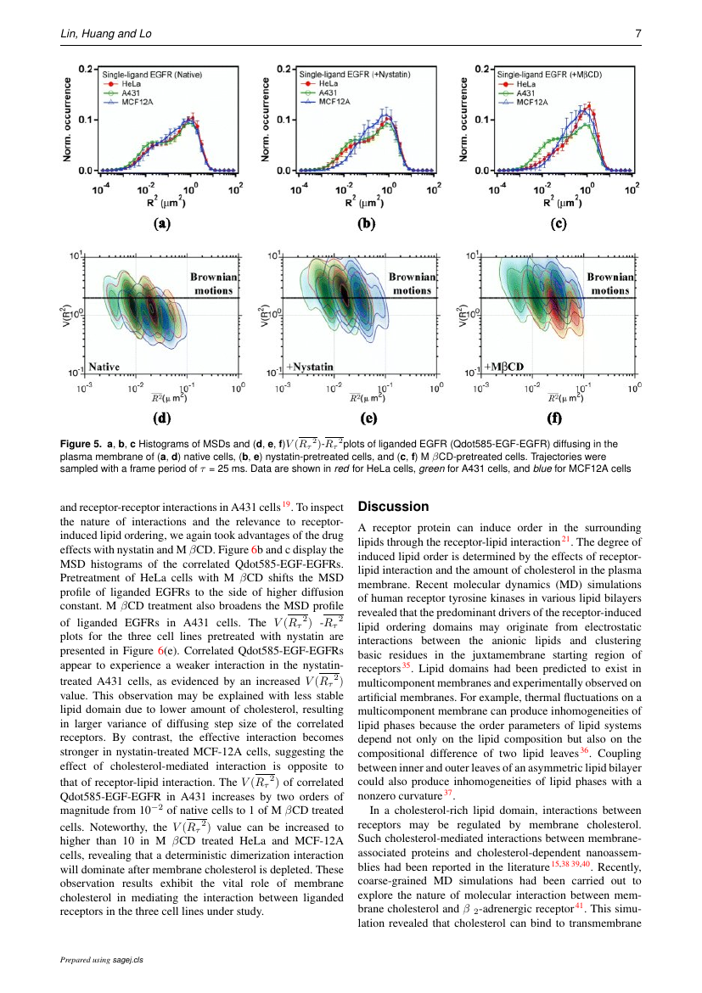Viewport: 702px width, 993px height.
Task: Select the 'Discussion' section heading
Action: (x=393, y=507)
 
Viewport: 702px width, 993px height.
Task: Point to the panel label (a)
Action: (x=161, y=225)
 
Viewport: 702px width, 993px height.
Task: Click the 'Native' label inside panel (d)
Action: (x=106, y=367)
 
